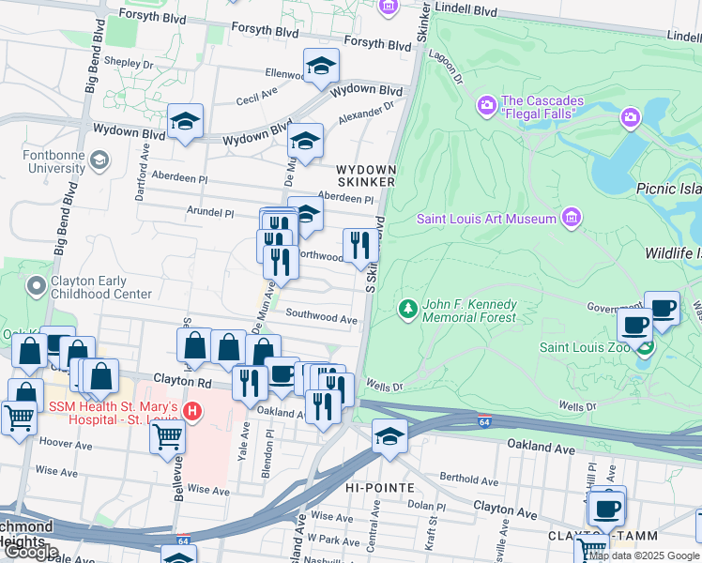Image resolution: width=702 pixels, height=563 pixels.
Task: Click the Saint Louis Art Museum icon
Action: [570, 220]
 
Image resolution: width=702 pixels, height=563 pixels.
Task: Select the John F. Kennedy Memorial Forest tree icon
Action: [407, 308]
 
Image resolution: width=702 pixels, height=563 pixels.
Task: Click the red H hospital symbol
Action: [191, 411]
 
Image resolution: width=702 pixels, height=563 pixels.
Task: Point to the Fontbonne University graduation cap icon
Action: [98, 161]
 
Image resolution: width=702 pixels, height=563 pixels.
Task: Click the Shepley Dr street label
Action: [129, 64]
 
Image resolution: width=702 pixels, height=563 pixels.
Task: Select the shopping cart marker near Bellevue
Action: [167, 434]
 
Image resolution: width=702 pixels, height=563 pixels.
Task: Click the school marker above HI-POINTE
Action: [389, 436]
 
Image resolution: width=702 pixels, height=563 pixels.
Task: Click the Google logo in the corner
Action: [30, 552]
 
